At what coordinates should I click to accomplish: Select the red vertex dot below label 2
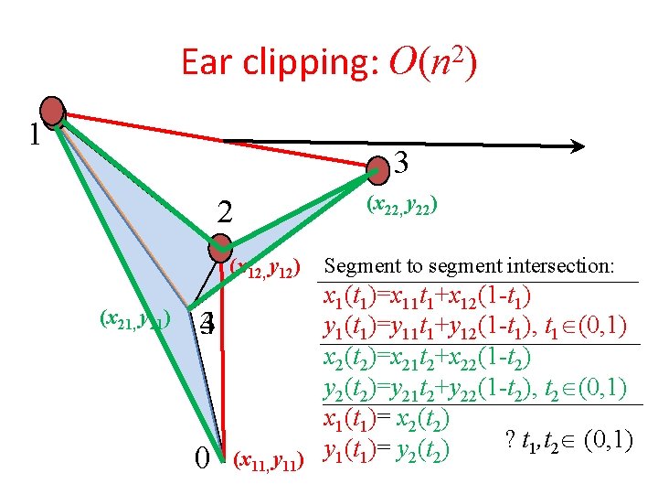219,247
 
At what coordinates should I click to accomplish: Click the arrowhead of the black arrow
577,145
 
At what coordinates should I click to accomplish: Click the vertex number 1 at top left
33,136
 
